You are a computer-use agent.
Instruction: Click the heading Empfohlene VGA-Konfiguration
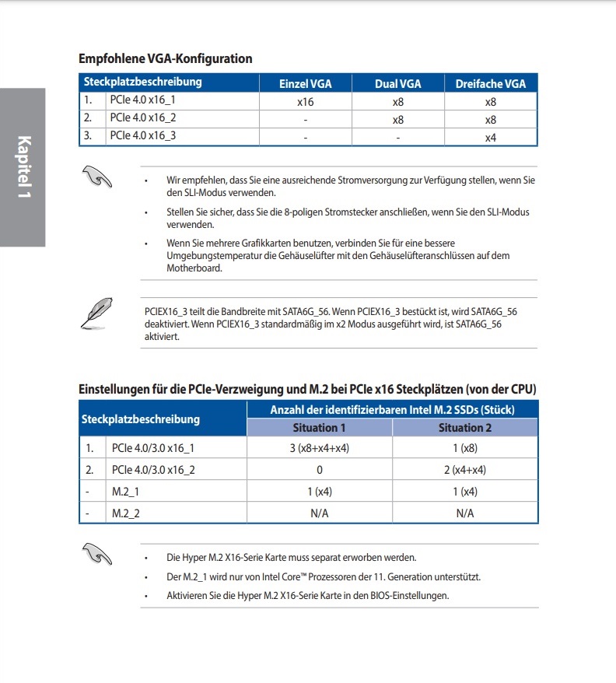pos(166,58)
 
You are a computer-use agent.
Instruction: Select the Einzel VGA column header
pos(305,84)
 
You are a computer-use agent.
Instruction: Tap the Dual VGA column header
pos(397,84)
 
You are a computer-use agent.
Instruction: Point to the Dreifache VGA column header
pos(490,84)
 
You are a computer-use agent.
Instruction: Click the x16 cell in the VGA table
pos(305,102)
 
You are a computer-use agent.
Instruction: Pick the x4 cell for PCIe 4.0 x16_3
pos(490,138)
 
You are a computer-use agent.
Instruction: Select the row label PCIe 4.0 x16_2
pos(143,117)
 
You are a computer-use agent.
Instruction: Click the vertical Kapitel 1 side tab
pos(23,167)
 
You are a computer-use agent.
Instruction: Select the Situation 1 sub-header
pos(320,427)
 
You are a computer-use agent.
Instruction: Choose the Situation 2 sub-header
pos(465,427)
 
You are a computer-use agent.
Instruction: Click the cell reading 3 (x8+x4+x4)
pos(320,448)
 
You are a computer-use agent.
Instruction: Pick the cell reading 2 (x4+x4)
pos(465,470)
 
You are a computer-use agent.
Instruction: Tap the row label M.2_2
pos(126,513)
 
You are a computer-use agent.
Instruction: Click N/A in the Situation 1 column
pos(320,513)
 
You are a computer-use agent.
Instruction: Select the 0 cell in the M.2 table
pos(320,470)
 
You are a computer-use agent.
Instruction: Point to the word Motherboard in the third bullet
pos(194,268)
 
